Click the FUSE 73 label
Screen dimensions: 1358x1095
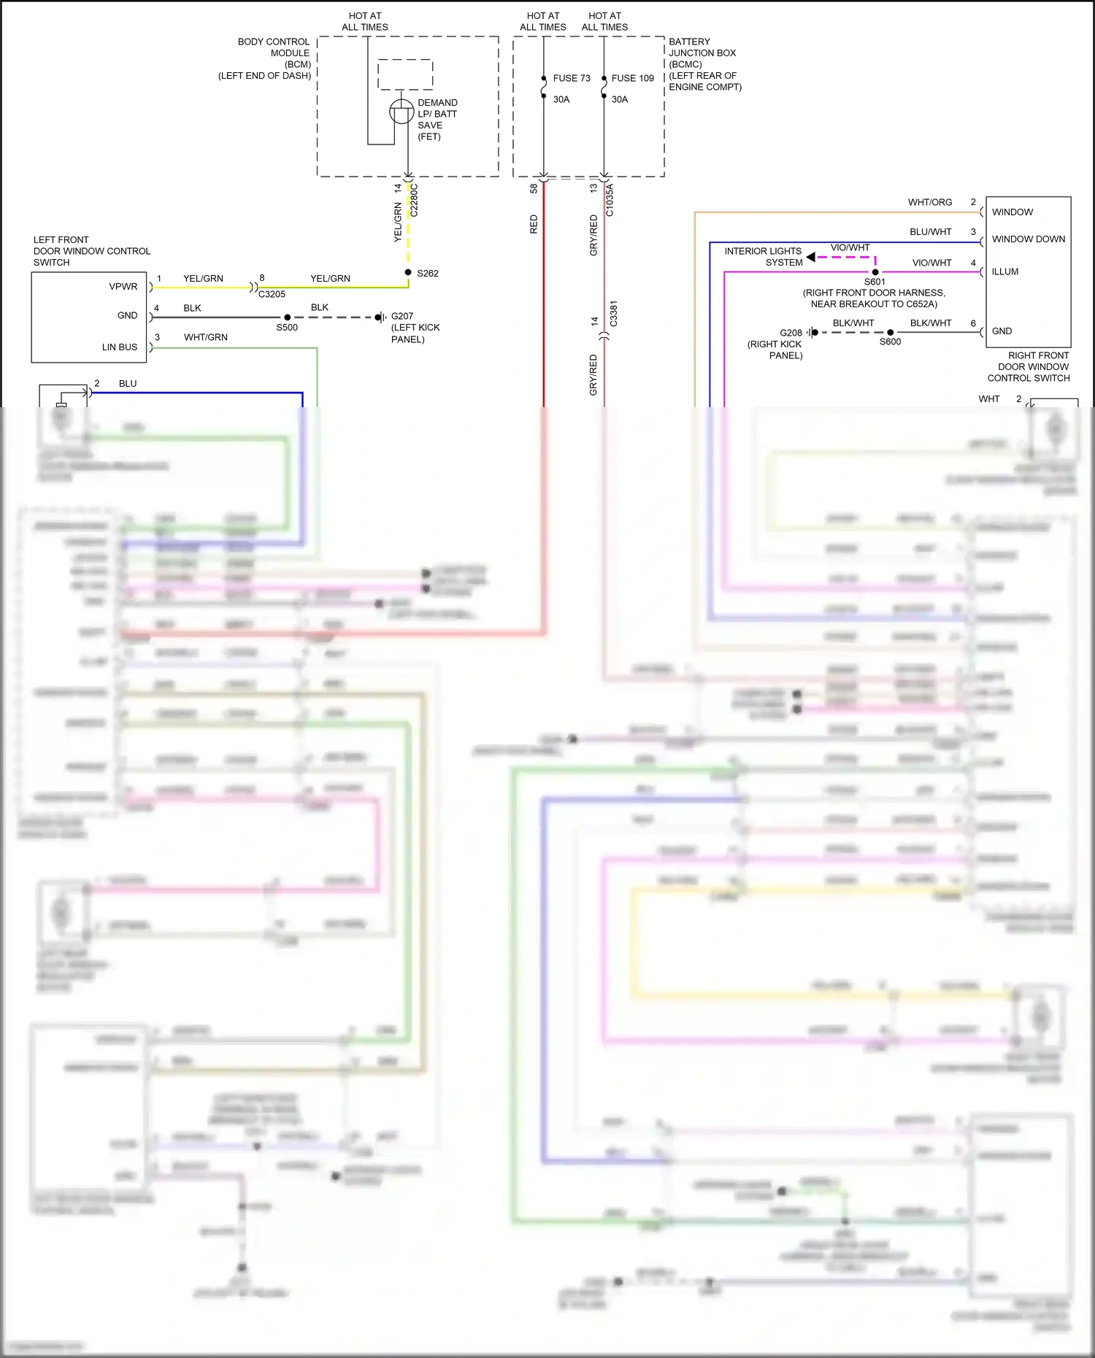click(x=571, y=78)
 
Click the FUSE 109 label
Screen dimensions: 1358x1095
click(x=632, y=78)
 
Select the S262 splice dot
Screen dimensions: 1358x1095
click(x=408, y=272)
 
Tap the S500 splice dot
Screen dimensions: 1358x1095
click(x=288, y=317)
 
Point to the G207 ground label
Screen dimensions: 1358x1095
click(x=402, y=316)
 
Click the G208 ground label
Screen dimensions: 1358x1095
click(x=791, y=333)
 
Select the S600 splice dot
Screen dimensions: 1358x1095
click(x=890, y=332)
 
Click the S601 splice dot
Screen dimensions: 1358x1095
click(x=875, y=272)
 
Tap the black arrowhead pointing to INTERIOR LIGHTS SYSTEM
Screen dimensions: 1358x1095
click(x=810, y=257)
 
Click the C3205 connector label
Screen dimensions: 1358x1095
click(x=272, y=294)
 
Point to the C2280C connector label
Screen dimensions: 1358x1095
click(x=414, y=200)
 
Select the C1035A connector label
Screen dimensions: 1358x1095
click(x=610, y=200)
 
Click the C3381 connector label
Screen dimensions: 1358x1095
click(x=613, y=313)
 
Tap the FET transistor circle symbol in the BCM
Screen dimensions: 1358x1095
click(x=401, y=112)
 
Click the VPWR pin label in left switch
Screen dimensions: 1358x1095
click(x=123, y=286)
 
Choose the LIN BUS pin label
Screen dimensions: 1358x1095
click(x=120, y=347)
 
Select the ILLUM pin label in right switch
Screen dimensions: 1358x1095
click(x=1005, y=271)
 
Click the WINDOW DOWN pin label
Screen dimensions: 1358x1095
click(x=1028, y=239)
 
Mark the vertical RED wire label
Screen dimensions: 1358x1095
click(x=534, y=224)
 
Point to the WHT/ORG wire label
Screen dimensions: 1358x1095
click(x=930, y=202)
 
